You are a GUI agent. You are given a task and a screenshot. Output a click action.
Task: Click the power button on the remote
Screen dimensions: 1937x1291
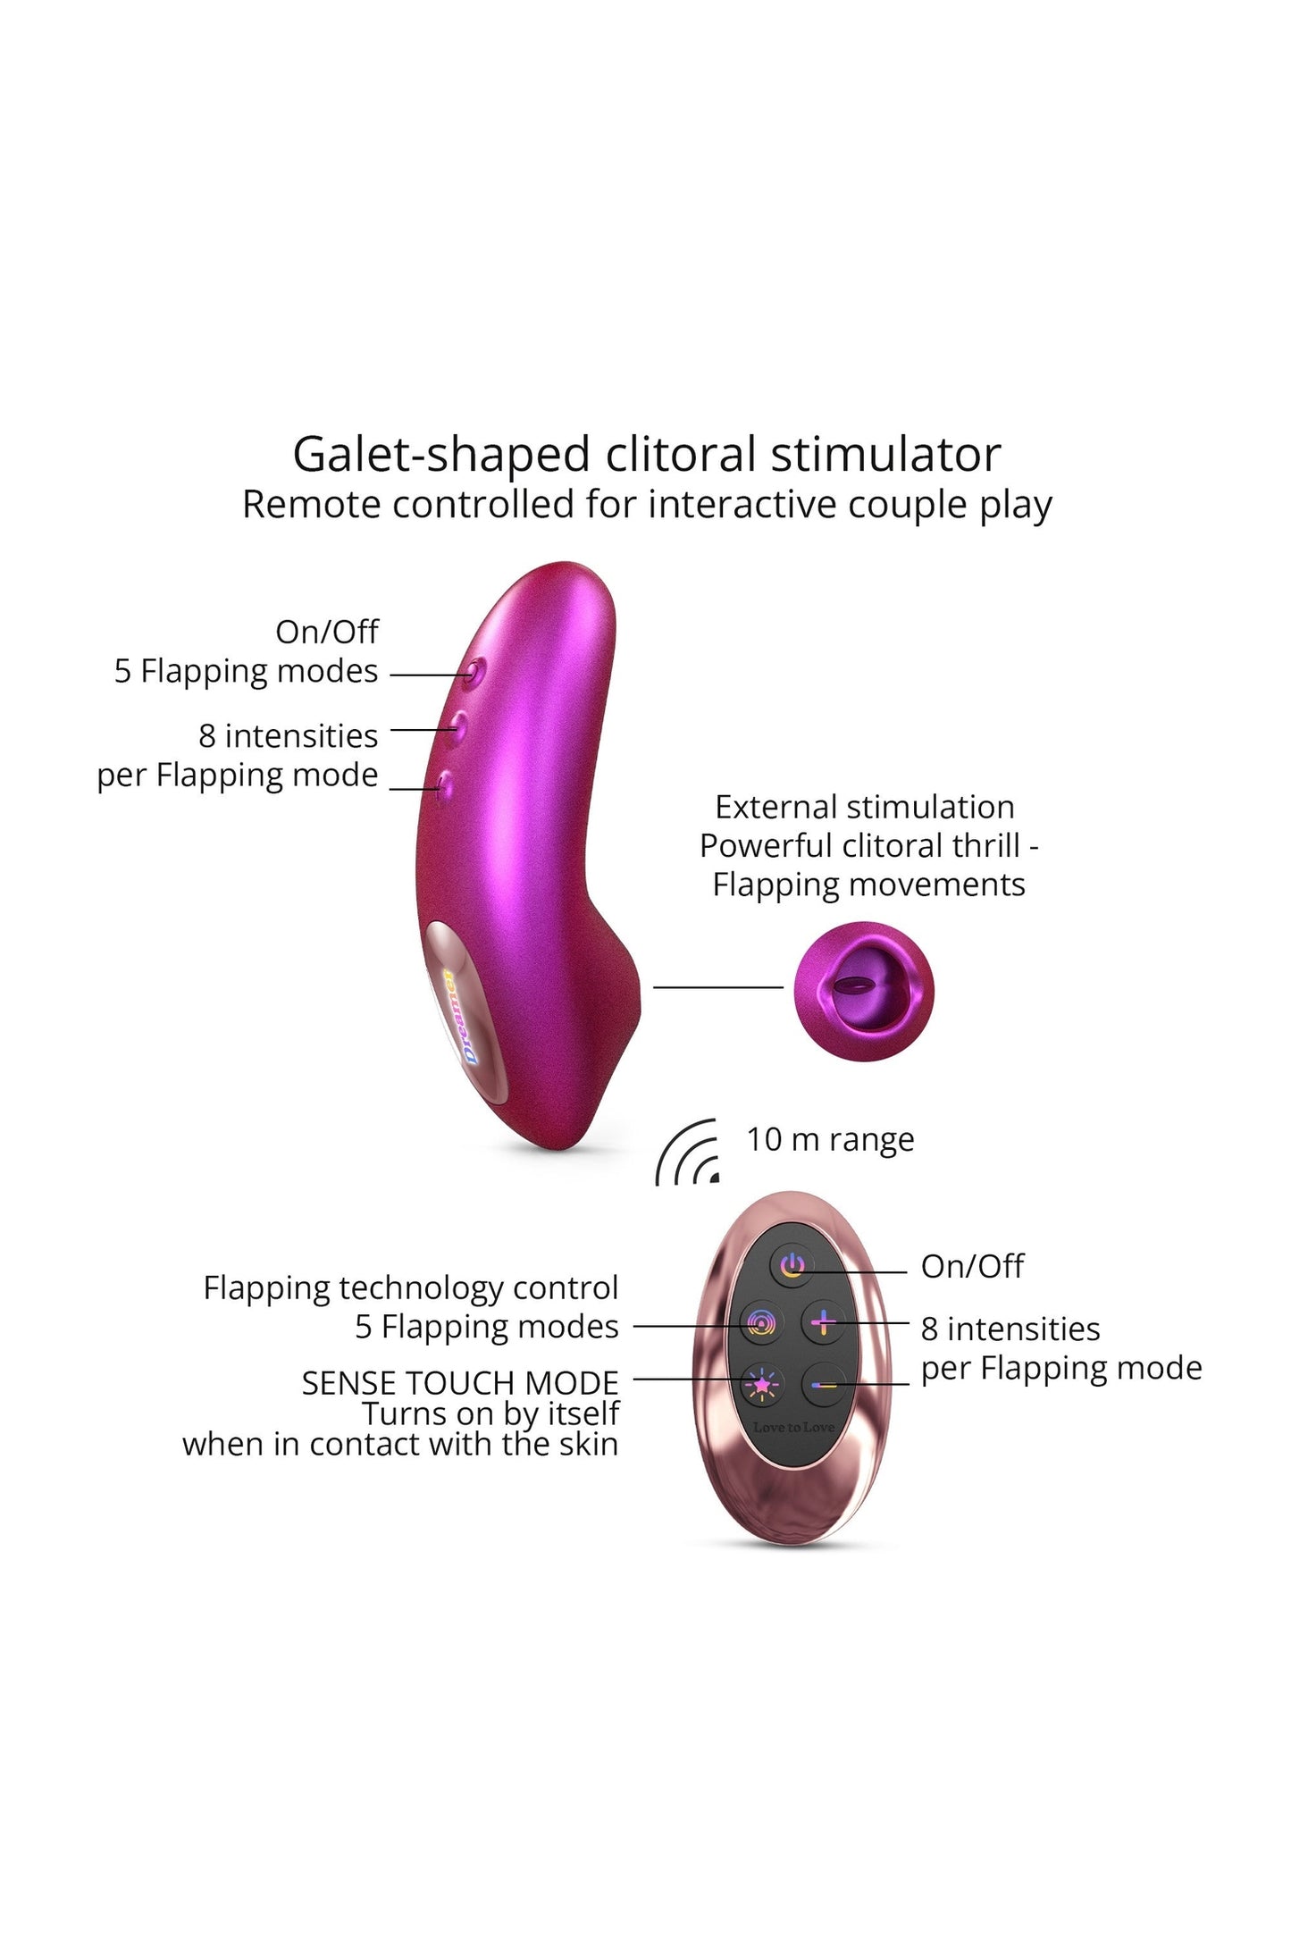tap(792, 1265)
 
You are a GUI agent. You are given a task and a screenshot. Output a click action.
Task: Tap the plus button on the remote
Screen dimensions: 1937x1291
tap(823, 1322)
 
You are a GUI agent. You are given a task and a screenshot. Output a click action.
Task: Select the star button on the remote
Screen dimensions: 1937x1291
tap(761, 1384)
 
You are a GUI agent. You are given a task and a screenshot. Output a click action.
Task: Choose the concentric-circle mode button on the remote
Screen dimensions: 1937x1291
tap(761, 1323)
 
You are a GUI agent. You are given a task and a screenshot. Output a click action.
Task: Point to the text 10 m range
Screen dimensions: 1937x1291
tap(830, 1139)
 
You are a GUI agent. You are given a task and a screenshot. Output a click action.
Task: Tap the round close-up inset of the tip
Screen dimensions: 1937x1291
tap(863, 991)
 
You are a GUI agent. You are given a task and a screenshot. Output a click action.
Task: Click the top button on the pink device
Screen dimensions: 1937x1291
tap(474, 671)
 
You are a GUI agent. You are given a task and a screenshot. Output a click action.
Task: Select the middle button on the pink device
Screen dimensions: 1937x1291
tap(458, 723)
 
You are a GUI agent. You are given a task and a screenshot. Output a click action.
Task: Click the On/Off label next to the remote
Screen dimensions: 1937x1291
tap(972, 1266)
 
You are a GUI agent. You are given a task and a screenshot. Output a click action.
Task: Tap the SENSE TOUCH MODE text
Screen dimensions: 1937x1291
tap(459, 1383)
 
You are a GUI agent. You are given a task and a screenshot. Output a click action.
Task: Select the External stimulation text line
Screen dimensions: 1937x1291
tap(864, 807)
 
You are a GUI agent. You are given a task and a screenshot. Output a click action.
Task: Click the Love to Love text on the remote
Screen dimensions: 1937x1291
tap(793, 1427)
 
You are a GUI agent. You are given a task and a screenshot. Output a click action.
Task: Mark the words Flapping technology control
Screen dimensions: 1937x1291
tap(410, 1287)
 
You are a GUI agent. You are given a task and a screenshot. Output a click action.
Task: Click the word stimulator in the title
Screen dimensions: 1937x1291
tap(885, 455)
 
